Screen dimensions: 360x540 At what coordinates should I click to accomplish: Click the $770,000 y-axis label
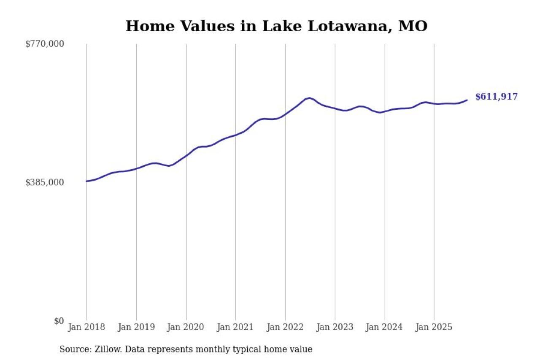click(x=45, y=44)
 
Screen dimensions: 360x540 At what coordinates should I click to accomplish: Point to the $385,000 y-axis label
click(x=45, y=182)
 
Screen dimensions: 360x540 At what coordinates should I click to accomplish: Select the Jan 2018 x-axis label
click(x=86, y=328)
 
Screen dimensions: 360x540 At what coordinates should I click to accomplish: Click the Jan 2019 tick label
click(x=136, y=328)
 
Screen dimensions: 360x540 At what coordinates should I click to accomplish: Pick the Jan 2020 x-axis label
click(x=186, y=328)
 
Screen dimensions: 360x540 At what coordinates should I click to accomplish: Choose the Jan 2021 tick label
click(x=235, y=328)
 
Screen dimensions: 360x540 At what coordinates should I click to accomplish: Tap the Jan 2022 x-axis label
click(x=285, y=328)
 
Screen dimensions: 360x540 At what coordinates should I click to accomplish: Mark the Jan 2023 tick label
click(x=335, y=328)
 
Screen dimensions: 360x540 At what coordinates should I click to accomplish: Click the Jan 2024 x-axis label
click(x=384, y=328)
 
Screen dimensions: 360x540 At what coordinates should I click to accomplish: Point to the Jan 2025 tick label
click(x=434, y=328)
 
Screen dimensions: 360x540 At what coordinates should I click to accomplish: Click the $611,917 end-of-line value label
click(x=496, y=97)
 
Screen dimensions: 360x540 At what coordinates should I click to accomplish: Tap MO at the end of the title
click(x=413, y=26)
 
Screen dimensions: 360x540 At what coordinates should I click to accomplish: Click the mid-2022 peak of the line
click(x=310, y=98)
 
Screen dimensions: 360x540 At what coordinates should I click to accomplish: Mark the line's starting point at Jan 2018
click(x=86, y=181)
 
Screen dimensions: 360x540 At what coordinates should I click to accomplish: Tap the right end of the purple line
click(x=467, y=100)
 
